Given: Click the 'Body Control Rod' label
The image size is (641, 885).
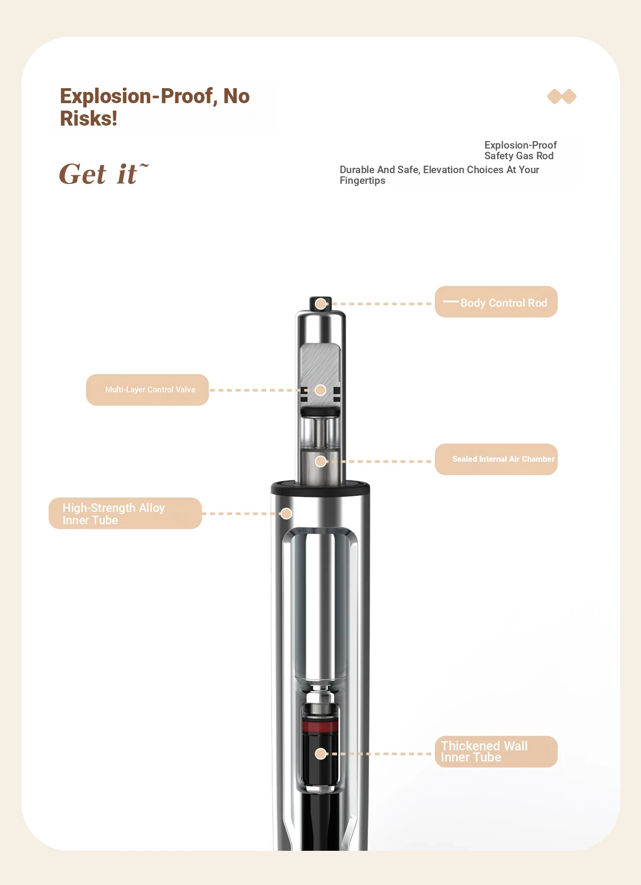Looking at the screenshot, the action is (x=496, y=302).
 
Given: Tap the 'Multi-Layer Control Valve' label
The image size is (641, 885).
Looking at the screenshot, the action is (x=147, y=390).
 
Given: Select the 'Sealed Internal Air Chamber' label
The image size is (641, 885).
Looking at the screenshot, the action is (x=496, y=459).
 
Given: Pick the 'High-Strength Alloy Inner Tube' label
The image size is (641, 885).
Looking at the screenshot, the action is (x=125, y=513).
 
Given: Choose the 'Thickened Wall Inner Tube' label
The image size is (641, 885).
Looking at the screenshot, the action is (x=496, y=751).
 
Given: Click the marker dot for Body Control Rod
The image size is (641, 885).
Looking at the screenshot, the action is (x=320, y=304).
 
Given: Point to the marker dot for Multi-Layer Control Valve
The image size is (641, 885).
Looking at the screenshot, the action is (x=320, y=390).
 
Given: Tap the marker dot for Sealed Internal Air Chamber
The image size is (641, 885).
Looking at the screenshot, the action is (x=320, y=461).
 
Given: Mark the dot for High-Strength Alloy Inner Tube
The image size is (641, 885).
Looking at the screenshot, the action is (x=286, y=514).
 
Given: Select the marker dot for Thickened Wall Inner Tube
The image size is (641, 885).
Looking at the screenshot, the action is (x=320, y=754).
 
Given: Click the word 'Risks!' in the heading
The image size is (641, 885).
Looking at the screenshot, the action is (x=89, y=118).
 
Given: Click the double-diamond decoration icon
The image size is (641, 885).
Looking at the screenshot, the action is (x=561, y=96).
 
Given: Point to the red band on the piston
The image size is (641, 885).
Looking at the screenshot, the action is (x=320, y=726).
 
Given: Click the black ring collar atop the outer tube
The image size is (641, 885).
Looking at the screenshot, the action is (x=320, y=488).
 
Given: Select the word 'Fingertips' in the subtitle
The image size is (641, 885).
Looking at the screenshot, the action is (x=363, y=181).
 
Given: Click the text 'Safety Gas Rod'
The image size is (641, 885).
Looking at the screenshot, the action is (x=519, y=156).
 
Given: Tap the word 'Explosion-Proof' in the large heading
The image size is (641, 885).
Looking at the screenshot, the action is (x=136, y=96).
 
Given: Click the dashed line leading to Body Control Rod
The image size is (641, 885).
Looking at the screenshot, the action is (x=381, y=304).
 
